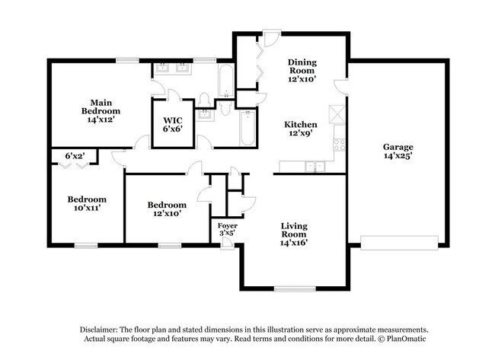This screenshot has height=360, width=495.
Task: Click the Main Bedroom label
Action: tap(101, 111)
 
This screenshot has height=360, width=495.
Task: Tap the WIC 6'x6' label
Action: tap(173, 124)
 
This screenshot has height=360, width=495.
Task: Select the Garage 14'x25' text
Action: tap(398, 151)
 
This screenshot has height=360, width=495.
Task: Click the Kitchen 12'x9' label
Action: tap(301, 129)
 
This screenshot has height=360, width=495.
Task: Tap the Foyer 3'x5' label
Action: tap(227, 229)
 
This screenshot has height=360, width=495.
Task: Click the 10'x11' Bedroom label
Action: tap(87, 203)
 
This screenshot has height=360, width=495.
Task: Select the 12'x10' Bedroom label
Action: tap(167, 209)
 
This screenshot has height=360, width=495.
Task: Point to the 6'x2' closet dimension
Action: tap(75, 155)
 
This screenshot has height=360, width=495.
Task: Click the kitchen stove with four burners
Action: tap(340, 145)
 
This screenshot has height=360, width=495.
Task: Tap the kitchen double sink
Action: tap(315, 166)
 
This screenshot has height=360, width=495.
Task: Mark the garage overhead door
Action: tap(399, 243)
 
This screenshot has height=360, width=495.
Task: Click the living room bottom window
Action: tap(295, 288)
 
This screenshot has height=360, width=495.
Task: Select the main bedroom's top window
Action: tap(127, 60)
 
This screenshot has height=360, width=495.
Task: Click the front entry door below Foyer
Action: tap(227, 244)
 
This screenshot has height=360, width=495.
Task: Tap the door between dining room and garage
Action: tap(342, 87)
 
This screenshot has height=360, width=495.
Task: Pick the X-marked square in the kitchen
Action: tap(337, 113)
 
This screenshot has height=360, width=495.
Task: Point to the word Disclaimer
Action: tap(99, 330)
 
